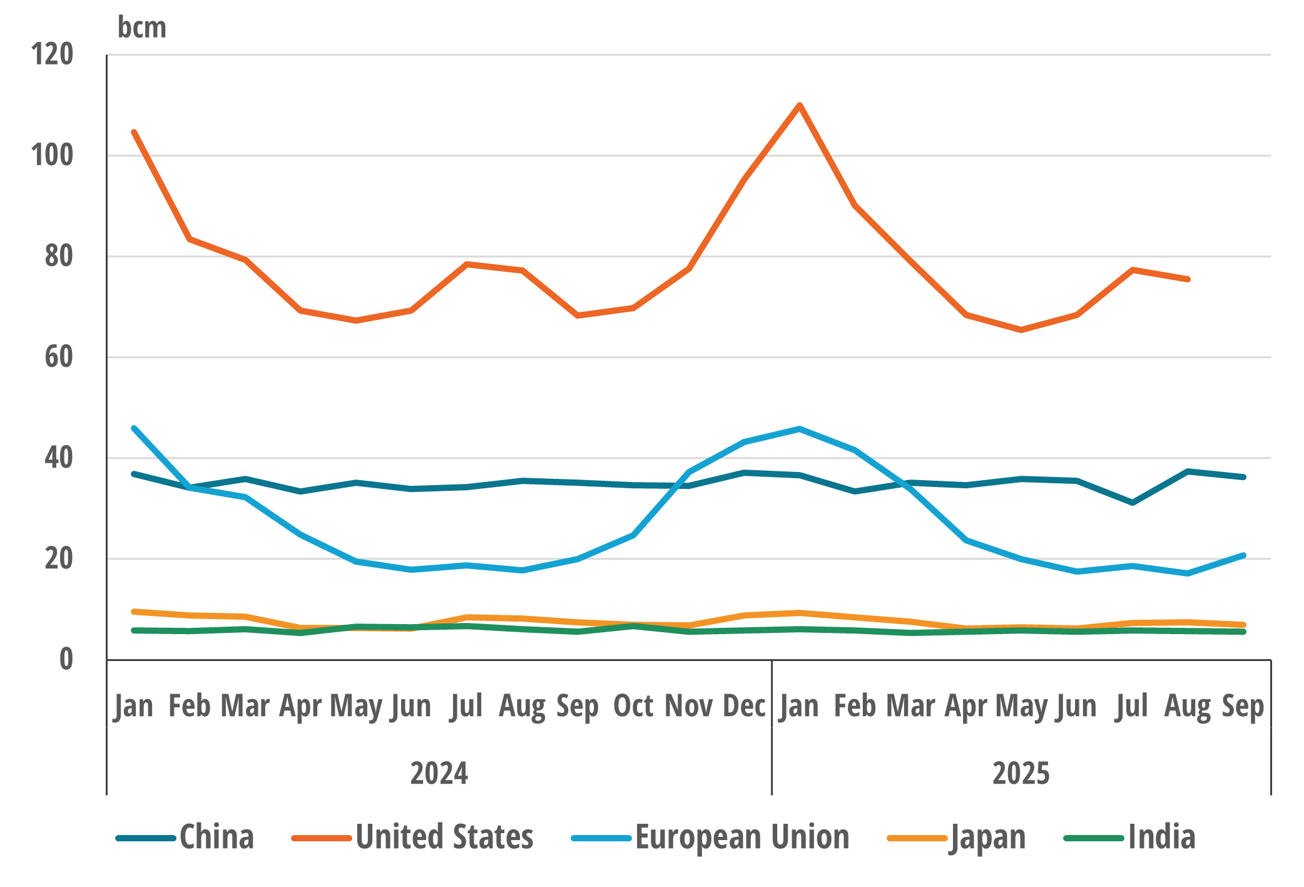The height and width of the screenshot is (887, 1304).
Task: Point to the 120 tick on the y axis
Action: coord(53,54)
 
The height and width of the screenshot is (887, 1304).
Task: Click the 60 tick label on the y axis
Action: coord(59,357)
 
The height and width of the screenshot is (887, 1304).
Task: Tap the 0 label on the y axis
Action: coord(66,660)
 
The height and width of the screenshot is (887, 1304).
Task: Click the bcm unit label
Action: coord(142,28)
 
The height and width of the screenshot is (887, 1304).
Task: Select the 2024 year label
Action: coord(439,773)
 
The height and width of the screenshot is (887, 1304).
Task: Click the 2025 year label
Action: coord(1021,773)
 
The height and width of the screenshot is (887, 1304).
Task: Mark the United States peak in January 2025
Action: coord(800,105)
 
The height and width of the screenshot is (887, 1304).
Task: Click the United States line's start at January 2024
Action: coord(134,132)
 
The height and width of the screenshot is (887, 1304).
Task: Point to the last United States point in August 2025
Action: coord(1188,279)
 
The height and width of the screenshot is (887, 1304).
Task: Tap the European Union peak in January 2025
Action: coord(800,429)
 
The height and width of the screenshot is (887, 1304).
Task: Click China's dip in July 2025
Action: coord(1133,503)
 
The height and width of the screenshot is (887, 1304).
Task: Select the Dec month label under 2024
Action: coord(744,706)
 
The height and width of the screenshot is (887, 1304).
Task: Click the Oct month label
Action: coord(633,706)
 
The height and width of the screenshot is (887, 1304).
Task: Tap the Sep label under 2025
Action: coord(1243,706)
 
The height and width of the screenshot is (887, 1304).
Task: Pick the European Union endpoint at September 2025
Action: coord(1243,555)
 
